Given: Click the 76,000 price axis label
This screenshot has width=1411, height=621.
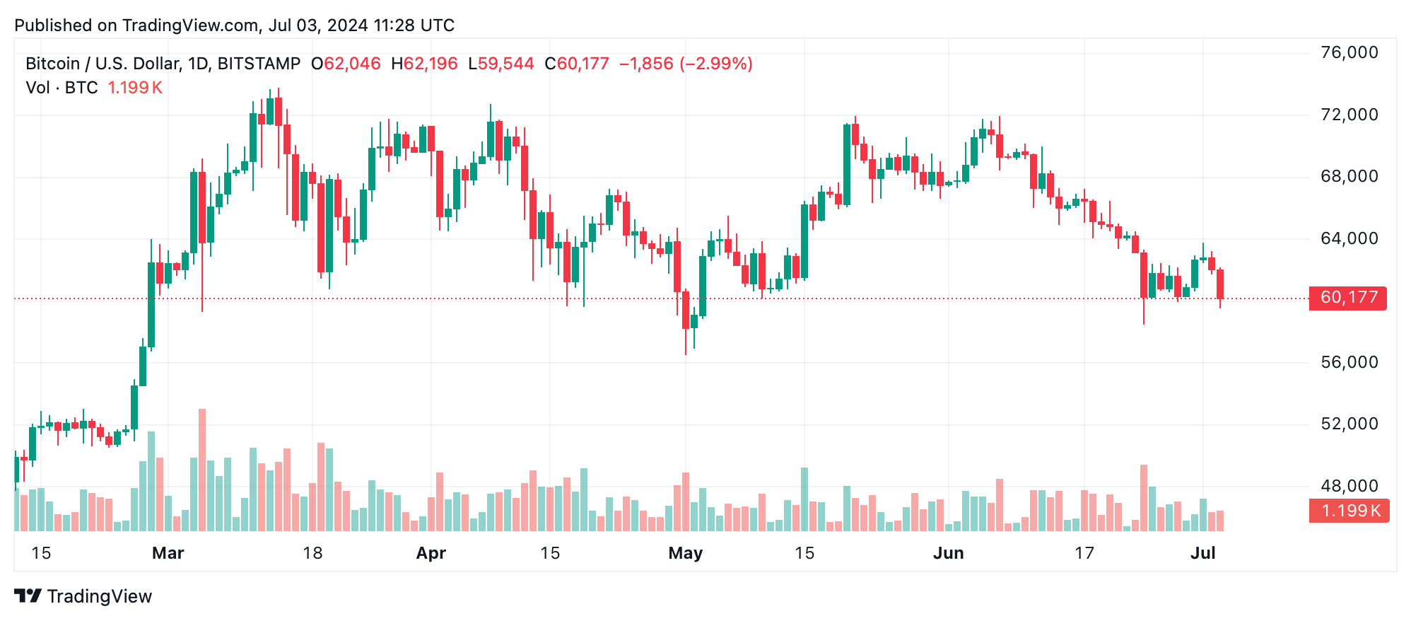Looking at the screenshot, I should coord(1349,52).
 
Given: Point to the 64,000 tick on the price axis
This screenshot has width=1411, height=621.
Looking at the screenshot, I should coord(1349,238).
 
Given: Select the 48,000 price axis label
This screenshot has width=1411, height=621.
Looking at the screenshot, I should coord(1349,486).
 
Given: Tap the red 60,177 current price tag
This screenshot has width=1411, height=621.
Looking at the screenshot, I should coord(1348,298).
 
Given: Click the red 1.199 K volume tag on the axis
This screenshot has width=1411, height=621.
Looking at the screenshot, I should coord(1349,511).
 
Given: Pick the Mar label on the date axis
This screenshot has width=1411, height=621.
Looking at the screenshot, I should coord(168,553).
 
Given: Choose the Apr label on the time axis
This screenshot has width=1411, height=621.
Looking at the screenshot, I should coord(431,553).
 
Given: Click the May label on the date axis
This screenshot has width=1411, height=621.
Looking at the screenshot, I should coord(685,553).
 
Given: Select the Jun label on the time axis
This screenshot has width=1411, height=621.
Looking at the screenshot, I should coord(948,553).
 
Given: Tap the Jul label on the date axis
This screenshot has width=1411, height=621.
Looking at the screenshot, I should coord(1202,553).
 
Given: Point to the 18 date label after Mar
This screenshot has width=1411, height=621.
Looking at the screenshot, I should coord(312,553).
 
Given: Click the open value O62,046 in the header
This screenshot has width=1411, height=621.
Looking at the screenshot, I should coord(346,64).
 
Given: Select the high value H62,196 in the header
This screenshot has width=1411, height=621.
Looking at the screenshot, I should coord(424,64).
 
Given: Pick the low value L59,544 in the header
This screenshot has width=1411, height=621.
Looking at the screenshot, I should coord(500,64).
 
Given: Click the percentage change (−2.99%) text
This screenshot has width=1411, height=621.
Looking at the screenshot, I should coord(715,64).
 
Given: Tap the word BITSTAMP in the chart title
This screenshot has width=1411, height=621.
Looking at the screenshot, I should coord(259,64).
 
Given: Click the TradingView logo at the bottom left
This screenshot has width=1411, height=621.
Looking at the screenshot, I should coord(83,596).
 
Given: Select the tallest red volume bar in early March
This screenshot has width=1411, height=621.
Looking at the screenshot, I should coord(202,470).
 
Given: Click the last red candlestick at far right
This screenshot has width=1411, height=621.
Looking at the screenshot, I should coord(1220,284).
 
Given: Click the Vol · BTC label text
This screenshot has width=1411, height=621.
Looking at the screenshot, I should coord(62,88).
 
